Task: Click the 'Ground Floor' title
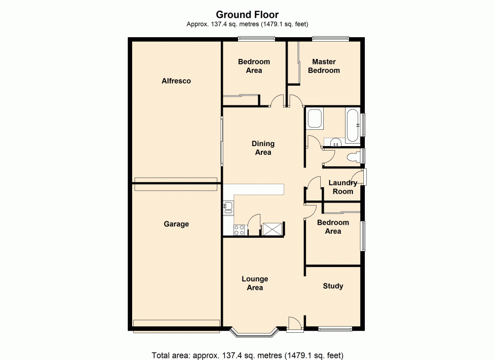pos(247,15)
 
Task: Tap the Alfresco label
pos(176,81)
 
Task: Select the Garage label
pos(176,224)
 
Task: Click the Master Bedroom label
pos(324,66)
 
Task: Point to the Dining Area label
pos(263,148)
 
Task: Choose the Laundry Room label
pos(343,187)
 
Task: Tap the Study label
pos(333,286)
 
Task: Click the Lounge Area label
pos(255,283)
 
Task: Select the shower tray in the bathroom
pos(314,119)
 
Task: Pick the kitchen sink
pos(228,207)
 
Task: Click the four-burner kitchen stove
pos(239,229)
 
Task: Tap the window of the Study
pos(335,329)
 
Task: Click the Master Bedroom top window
pos(330,39)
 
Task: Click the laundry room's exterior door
pos(364,177)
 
